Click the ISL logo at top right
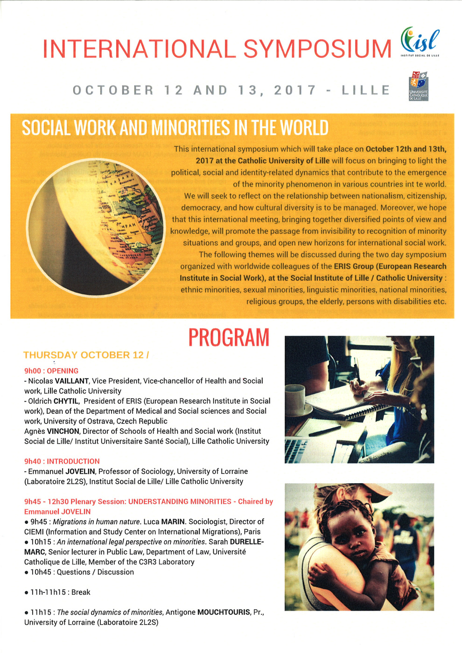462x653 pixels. [x=420, y=42]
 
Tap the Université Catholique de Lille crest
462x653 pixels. [x=419, y=86]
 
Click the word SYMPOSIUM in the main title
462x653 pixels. [x=317, y=49]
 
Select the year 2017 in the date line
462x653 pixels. [x=295, y=90]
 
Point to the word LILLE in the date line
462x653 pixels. [x=366, y=90]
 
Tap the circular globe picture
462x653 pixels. [x=96, y=227]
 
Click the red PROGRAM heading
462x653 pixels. [x=229, y=338]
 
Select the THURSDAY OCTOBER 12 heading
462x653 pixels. [x=86, y=355]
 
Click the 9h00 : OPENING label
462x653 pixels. [x=51, y=371]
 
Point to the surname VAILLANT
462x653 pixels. [x=72, y=381]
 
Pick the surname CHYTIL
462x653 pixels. [x=66, y=401]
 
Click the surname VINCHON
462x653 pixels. [x=63, y=431]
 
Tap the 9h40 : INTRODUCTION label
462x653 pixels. [x=62, y=461]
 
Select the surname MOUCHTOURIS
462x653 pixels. [x=224, y=612]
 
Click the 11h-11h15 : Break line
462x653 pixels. [x=57, y=592]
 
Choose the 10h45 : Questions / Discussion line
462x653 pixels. [x=79, y=572]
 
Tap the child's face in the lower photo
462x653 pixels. [x=343, y=529]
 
